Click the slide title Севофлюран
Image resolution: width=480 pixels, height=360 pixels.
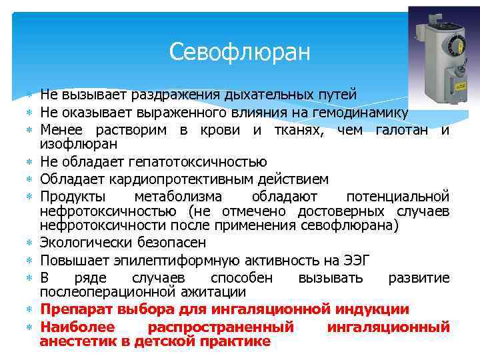pos(240,51)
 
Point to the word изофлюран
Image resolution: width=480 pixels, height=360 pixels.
pos(79,144)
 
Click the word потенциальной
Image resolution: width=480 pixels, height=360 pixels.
pos(398,196)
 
